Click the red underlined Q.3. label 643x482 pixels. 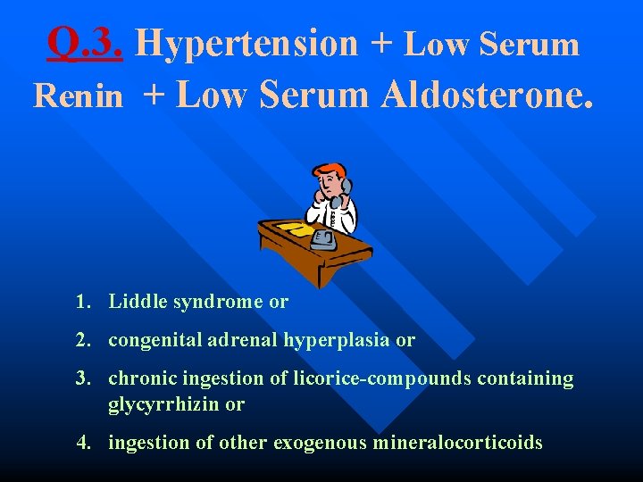point(86,42)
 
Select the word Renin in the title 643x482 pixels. point(78,96)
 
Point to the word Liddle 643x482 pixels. point(138,302)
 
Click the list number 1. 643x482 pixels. point(84,302)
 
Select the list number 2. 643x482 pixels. point(84,340)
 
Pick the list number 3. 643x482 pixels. point(84,378)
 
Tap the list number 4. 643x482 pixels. point(84,442)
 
